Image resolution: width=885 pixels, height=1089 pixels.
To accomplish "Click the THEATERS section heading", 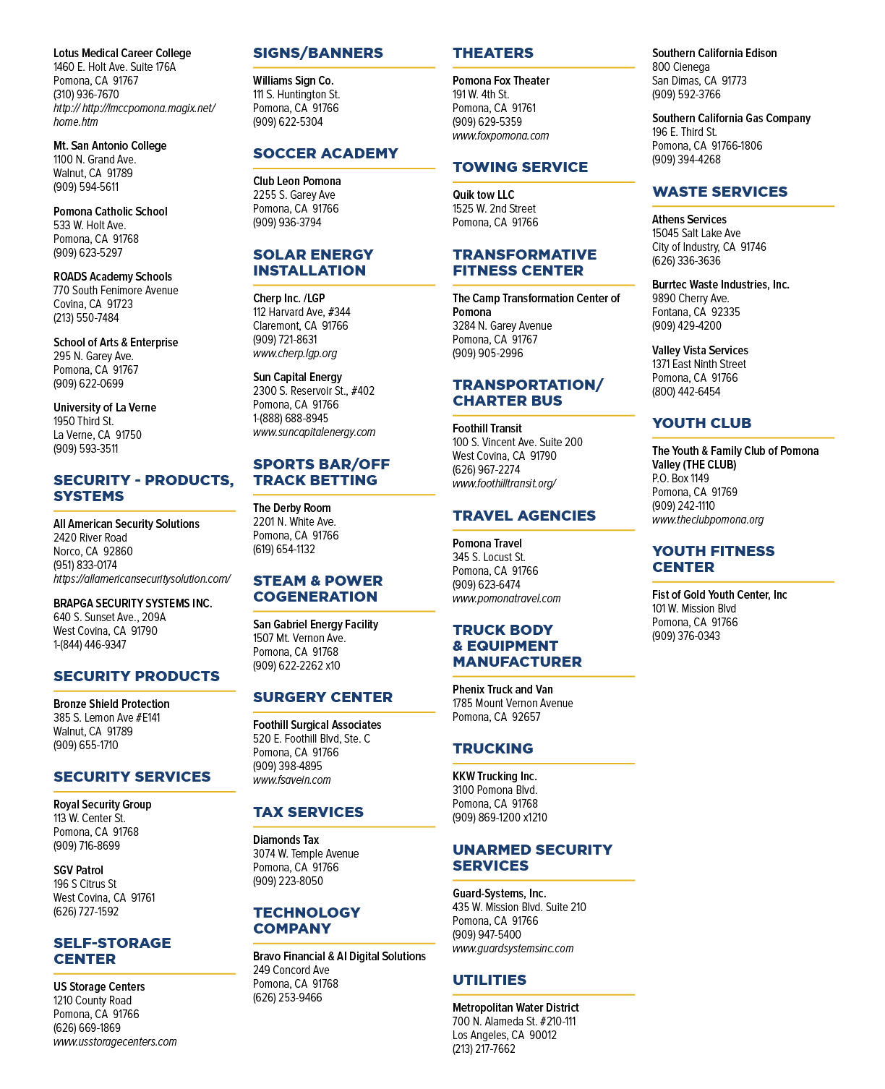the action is tap(492, 53).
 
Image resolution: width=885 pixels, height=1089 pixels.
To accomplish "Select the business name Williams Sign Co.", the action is tap(293, 81).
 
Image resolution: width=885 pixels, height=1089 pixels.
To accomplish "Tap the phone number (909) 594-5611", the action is tap(86, 187).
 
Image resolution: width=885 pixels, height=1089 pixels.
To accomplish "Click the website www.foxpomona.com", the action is tap(500, 136).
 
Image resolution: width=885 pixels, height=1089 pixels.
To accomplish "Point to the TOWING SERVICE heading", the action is tap(520, 167).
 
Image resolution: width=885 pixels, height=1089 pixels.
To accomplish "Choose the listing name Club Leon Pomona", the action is tap(296, 181).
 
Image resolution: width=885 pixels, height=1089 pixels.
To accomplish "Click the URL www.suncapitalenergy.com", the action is tap(314, 432).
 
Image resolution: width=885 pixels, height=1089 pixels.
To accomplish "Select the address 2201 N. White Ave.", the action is tap(294, 521).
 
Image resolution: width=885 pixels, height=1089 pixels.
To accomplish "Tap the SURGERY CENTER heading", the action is tap(322, 697).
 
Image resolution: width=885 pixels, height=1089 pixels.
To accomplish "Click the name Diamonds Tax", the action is tap(286, 840).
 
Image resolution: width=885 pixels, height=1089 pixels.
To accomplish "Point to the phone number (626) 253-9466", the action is tap(287, 997).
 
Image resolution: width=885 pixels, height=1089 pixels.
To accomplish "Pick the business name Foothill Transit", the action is tap(487, 429).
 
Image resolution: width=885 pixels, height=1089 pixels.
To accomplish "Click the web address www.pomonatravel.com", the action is tap(506, 598).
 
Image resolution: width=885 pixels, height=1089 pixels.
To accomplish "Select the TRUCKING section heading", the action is tap(492, 748).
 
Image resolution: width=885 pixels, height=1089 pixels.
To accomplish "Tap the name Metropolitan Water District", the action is tap(516, 1007).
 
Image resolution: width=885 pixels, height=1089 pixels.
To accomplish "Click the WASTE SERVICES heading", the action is tap(719, 192).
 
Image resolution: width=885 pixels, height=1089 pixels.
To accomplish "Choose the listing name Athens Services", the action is tap(688, 219).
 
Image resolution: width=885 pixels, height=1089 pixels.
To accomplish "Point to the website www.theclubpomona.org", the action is tap(708, 519).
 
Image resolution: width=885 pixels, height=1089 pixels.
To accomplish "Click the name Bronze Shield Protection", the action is tap(111, 704).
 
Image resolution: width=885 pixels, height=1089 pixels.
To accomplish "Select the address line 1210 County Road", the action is tap(92, 1000).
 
